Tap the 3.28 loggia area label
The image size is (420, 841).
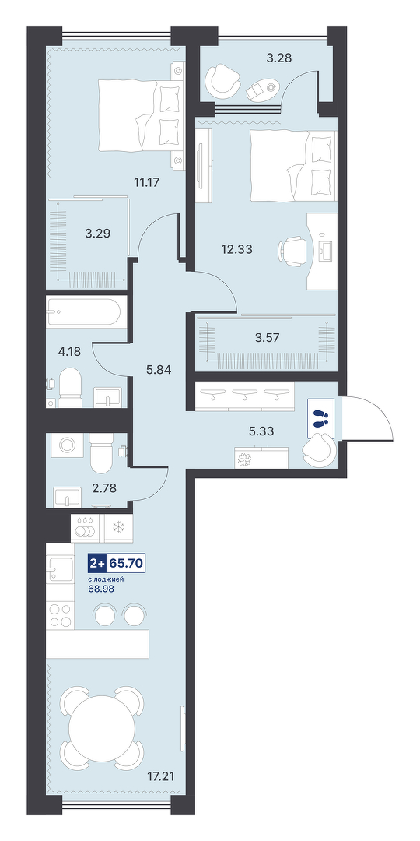(x=279, y=58)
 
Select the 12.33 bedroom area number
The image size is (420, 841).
(x=236, y=249)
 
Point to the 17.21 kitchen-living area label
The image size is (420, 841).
(x=163, y=776)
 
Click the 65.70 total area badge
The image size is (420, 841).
(x=127, y=563)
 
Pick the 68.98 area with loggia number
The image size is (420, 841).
(x=101, y=589)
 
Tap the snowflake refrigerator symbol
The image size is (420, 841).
(x=117, y=528)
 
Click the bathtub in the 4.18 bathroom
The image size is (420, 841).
(x=86, y=311)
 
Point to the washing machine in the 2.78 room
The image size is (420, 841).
(x=67, y=445)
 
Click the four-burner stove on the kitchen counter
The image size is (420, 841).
(x=59, y=614)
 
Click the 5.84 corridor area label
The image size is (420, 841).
(x=159, y=370)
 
